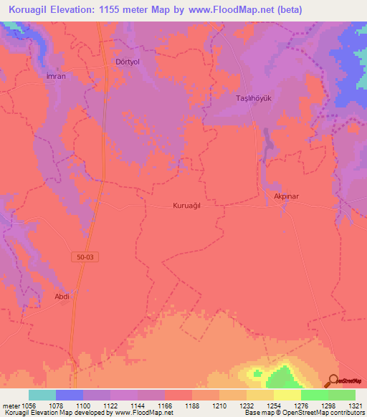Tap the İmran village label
[56, 76]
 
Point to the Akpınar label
[287, 194]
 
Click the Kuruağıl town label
[191, 206]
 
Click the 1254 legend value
[273, 406]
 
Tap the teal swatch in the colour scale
[42, 395]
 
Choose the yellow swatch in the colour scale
[287, 395]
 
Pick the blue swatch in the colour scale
[70, 395]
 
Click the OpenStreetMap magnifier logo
[333, 380]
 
